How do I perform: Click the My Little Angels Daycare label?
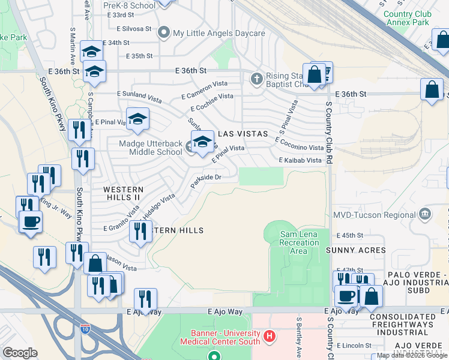point(218,33)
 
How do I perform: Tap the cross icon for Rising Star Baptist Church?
point(256,78)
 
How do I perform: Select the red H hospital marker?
point(270,336)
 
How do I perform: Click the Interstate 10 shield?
point(85,329)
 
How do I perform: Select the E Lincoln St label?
point(354,346)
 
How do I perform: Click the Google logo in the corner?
point(20,352)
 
